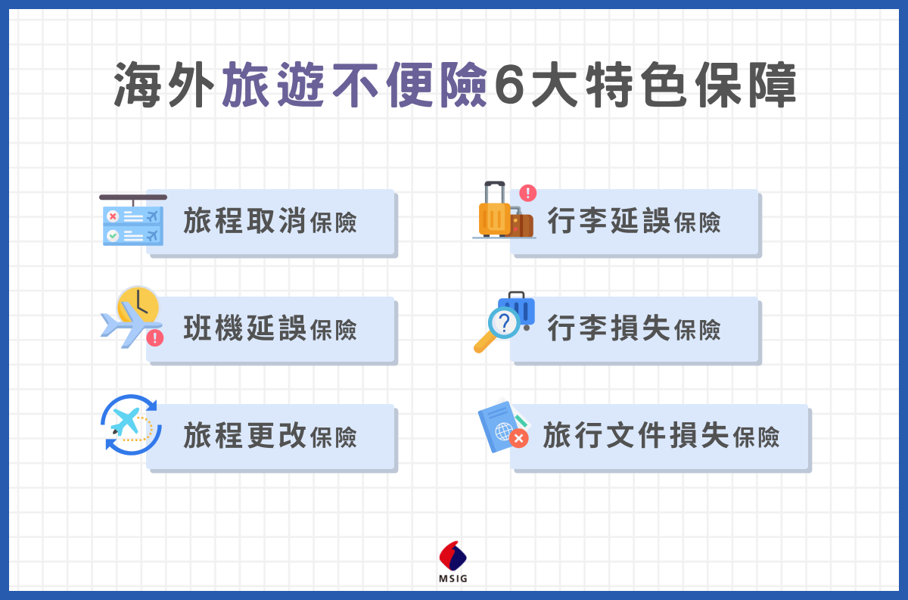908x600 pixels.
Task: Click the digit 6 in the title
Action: coord(509,86)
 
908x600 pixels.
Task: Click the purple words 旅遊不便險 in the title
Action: coord(355,85)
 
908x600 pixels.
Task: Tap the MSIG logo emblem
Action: coord(452,556)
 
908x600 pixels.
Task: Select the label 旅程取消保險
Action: coord(270,221)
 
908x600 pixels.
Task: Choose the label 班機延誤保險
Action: coord(270,328)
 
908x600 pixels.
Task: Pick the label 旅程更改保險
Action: coord(270,436)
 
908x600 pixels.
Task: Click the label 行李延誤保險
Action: coord(634,221)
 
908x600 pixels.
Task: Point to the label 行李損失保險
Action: coord(634,328)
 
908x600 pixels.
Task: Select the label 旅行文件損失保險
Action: coord(661,436)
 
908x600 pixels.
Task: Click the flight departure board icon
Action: coord(133,220)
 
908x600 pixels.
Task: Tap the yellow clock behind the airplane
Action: coord(138,304)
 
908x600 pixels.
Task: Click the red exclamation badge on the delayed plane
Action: coord(155,337)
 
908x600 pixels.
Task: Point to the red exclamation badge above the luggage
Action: coord(528,193)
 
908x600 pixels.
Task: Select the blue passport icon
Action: coord(499,427)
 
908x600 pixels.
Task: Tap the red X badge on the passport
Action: coord(518,439)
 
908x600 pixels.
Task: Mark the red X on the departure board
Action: coord(113,216)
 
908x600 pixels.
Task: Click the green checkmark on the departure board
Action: coord(113,235)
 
